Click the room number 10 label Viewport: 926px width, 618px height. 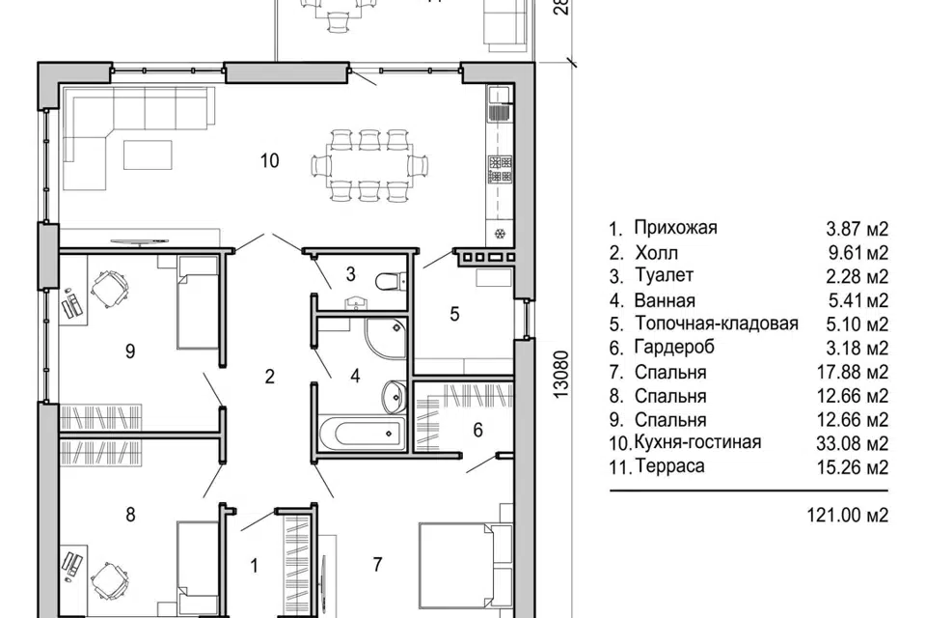[269, 160]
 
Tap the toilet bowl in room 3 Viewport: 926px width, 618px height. [391, 281]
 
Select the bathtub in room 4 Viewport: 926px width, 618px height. [362, 435]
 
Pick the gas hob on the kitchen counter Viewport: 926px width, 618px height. [501, 169]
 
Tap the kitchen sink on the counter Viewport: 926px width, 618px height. [500, 103]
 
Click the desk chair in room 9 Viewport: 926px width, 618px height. [109, 289]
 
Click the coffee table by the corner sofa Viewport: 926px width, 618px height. [148, 154]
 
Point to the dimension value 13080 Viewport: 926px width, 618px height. [561, 375]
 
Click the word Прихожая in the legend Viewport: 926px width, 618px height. [675, 228]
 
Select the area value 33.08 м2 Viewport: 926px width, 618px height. [852, 443]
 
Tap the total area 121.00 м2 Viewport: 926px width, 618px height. [848, 515]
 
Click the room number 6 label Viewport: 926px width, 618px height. [477, 430]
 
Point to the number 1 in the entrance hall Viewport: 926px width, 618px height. [255, 566]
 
